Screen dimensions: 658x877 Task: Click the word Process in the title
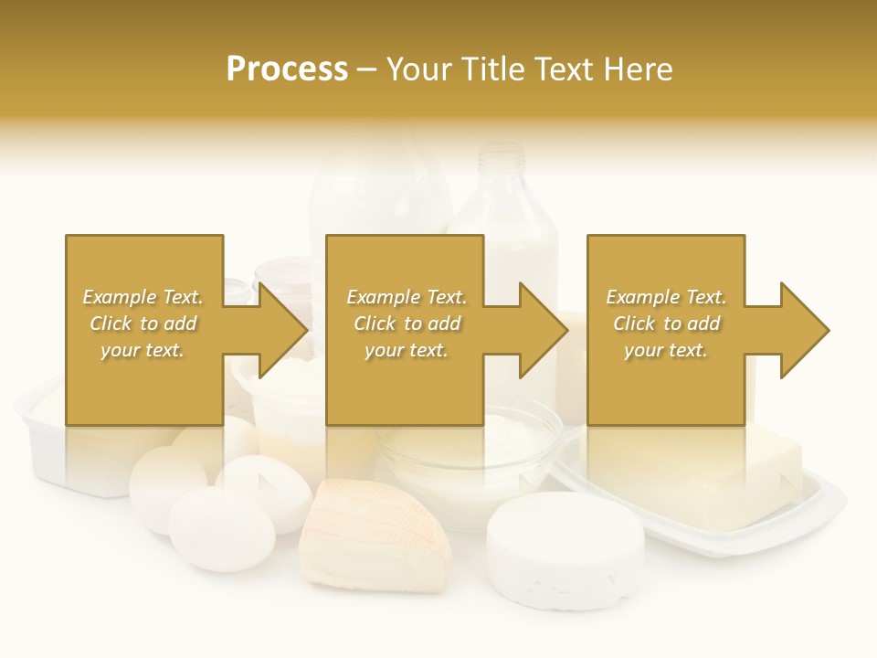(287, 69)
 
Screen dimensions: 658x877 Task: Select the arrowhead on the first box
(283, 330)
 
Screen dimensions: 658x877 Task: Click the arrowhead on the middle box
(544, 330)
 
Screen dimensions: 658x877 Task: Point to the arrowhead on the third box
(805, 330)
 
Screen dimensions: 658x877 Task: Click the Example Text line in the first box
(143, 297)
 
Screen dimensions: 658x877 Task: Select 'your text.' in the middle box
(406, 350)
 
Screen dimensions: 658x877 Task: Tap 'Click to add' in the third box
(666, 324)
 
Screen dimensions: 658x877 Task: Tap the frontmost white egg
(221, 529)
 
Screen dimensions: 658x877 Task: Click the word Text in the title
(564, 69)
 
